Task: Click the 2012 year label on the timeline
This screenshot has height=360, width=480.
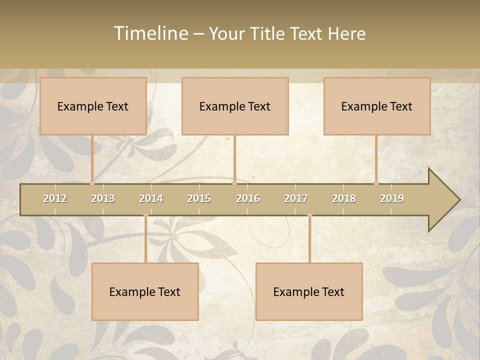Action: (55, 198)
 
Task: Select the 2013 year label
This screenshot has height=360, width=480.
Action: (103, 198)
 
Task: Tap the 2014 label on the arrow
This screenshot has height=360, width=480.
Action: (151, 198)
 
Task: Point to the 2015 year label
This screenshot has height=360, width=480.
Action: (199, 198)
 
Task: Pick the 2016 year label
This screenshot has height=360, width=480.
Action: (248, 198)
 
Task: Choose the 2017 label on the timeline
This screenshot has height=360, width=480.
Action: (296, 198)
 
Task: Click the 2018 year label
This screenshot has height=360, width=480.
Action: (344, 198)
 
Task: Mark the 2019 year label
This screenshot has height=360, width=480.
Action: (392, 198)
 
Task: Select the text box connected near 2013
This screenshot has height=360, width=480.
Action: (93, 106)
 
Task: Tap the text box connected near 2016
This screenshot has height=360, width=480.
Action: (235, 106)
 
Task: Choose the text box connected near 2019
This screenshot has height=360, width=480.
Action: (377, 106)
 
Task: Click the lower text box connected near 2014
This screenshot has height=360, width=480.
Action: (145, 291)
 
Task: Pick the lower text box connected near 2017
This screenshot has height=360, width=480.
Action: (309, 291)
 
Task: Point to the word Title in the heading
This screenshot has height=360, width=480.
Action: (269, 33)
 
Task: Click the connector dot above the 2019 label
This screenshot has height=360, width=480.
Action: (376, 183)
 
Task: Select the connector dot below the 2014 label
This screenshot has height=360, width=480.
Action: (145, 215)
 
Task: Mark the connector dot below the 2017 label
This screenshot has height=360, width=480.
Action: (309, 215)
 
